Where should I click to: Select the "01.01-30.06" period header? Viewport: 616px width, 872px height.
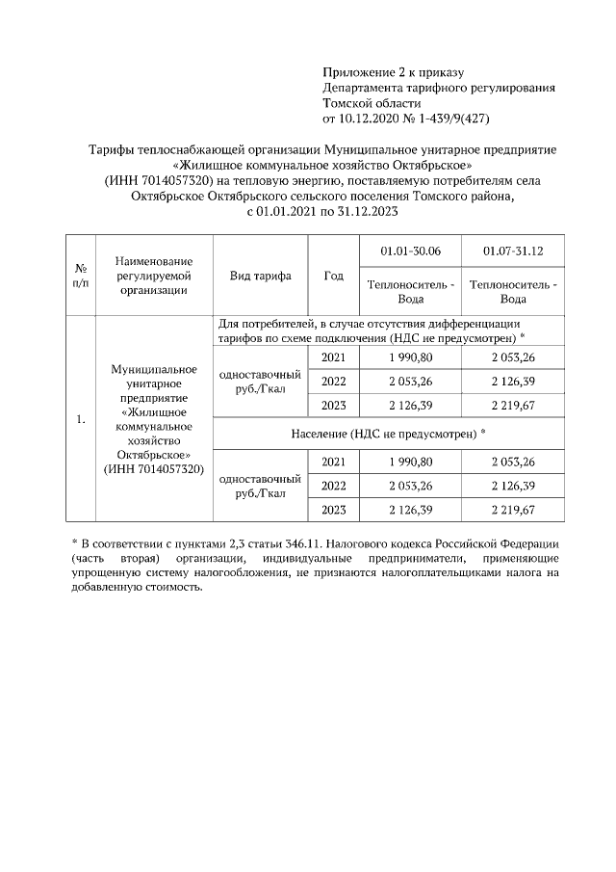410,251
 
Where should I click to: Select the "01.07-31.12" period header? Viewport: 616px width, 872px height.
513,251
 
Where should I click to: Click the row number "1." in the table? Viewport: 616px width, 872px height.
81,419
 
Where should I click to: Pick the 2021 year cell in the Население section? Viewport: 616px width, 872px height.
334,462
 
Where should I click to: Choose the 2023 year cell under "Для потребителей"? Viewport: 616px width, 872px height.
334,405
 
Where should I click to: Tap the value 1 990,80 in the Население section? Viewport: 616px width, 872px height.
410,462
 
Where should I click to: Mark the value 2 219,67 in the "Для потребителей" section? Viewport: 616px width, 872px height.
513,405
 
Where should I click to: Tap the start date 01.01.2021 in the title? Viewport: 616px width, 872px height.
292,210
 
